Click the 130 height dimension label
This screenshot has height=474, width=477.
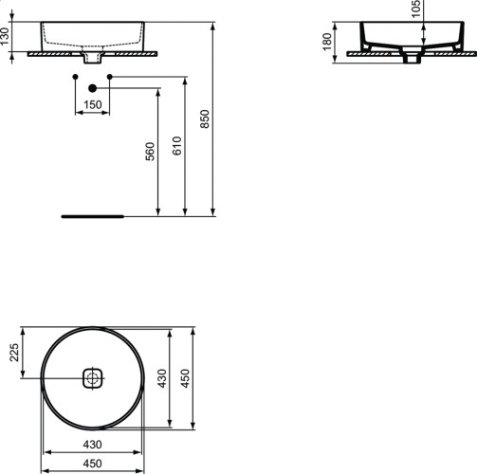click(7, 38)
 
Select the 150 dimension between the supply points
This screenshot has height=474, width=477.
click(92, 103)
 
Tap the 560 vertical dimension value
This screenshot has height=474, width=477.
click(150, 152)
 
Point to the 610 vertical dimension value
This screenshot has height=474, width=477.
click(177, 145)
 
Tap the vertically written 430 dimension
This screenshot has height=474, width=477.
click(161, 379)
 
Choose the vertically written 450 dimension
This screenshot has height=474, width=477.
click(186, 379)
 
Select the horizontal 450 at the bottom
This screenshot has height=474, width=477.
click(92, 463)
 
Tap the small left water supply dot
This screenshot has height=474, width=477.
click(74, 75)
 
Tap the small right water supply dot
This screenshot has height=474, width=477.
click(110, 75)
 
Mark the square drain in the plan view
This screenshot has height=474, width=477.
click(92, 379)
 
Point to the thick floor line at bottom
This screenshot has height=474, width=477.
click(92, 215)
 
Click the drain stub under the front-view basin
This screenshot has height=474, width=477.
click(92, 59)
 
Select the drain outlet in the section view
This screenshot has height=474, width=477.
click(412, 59)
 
